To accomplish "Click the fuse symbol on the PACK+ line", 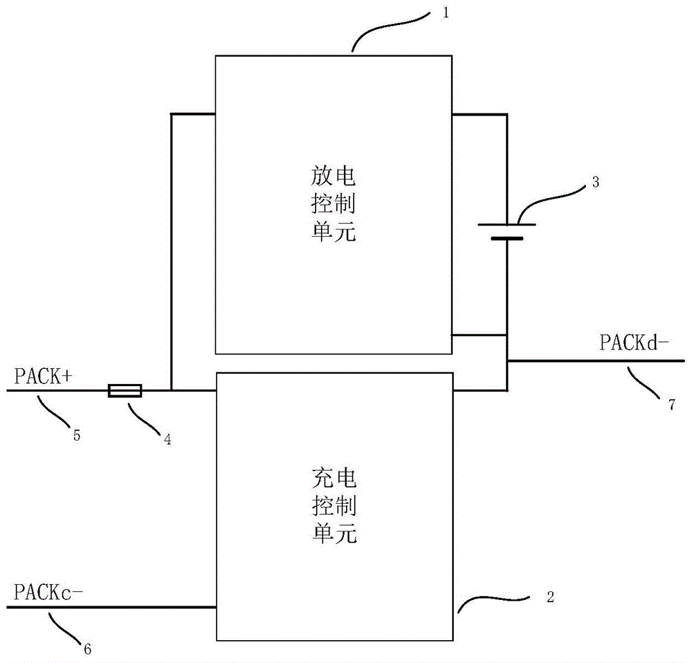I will [x=125, y=391].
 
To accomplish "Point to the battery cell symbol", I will [x=507, y=231].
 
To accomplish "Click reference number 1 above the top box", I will [x=446, y=12].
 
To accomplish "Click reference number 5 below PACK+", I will [x=77, y=435].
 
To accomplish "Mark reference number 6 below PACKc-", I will [x=87, y=648].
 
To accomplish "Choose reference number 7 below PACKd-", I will [x=671, y=406].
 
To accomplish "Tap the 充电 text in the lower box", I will [x=331, y=479].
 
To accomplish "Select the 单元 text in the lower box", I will [x=331, y=534].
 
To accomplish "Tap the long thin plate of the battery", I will [x=507, y=224].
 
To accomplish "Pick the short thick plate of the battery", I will [x=507, y=238].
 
